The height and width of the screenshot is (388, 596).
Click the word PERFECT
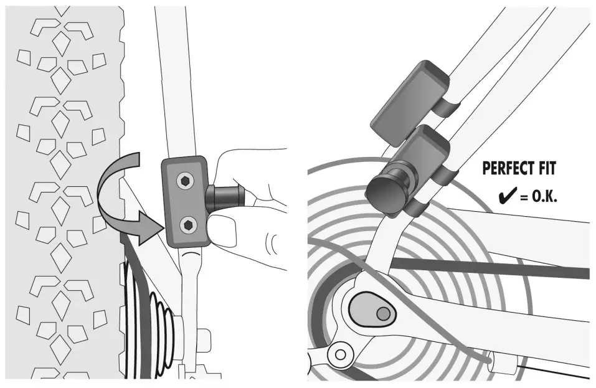pyautogui.click(x=506, y=169)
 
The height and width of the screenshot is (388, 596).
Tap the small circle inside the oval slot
pyautogui.click(x=384, y=312)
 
